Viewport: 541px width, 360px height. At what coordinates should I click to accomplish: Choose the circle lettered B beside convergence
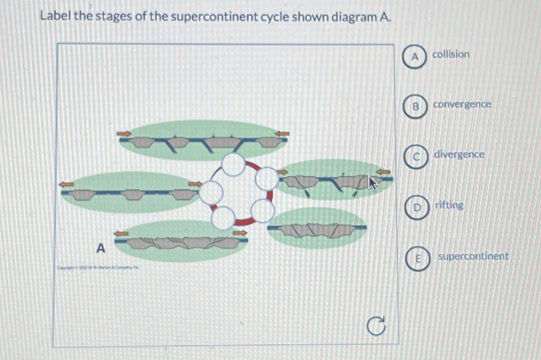pos(416,106)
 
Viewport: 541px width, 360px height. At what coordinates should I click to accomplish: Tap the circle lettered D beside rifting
pos(417,207)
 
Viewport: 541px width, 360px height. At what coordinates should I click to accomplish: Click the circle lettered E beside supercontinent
pos(418,259)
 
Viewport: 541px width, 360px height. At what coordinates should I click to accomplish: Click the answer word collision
pos(451,54)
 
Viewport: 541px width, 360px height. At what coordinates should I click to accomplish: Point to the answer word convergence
pos(462,105)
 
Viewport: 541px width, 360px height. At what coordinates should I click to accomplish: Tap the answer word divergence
pos(459,154)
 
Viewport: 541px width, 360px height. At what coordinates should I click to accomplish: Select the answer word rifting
pos(449,205)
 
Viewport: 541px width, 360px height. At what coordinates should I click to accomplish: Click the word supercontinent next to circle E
pos(473,256)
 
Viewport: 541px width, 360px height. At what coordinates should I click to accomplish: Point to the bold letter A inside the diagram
pos(101,248)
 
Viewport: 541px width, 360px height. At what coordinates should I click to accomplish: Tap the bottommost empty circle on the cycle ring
pos(223,218)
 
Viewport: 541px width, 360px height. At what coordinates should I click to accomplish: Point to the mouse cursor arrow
pos(372,183)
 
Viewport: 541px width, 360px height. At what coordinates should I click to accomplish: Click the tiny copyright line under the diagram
pos(98,268)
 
